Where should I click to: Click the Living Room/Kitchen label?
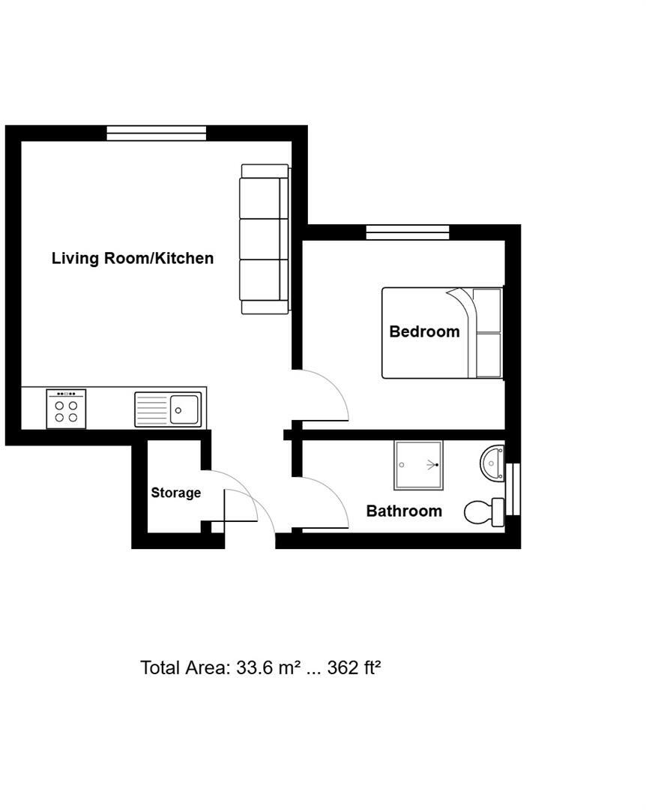coord(133,258)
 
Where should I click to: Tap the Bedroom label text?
coord(424,331)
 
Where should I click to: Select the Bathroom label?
coord(404,511)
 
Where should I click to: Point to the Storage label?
coord(176,493)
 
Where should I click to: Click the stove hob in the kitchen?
coord(66,409)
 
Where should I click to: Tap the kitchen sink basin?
coord(185,409)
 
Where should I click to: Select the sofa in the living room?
coord(264,238)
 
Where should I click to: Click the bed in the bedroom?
coord(441,333)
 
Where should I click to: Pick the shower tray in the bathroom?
coord(419,465)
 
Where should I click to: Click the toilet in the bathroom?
coord(483,512)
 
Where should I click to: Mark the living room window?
coord(156,133)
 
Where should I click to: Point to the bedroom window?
coord(408,232)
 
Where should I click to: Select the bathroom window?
coord(513,490)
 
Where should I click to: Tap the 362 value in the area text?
coord(342,667)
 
